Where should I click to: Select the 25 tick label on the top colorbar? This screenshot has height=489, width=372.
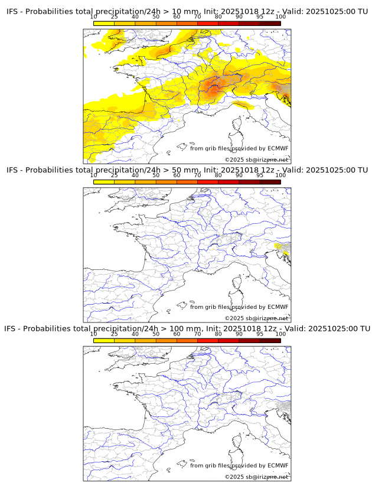(x=115, y=17)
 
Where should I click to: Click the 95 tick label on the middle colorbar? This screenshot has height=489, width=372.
(x=260, y=175)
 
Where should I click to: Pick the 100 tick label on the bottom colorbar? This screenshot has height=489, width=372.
(x=280, y=334)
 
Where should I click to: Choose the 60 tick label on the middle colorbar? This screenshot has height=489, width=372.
(x=177, y=175)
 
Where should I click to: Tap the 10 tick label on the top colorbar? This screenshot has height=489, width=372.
(x=94, y=17)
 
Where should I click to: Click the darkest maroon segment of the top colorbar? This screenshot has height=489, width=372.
(x=270, y=24)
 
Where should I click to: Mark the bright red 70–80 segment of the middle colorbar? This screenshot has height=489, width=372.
(x=207, y=182)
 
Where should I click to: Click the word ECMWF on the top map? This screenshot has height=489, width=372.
(x=278, y=148)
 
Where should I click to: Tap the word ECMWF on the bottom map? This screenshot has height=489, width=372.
(x=278, y=465)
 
